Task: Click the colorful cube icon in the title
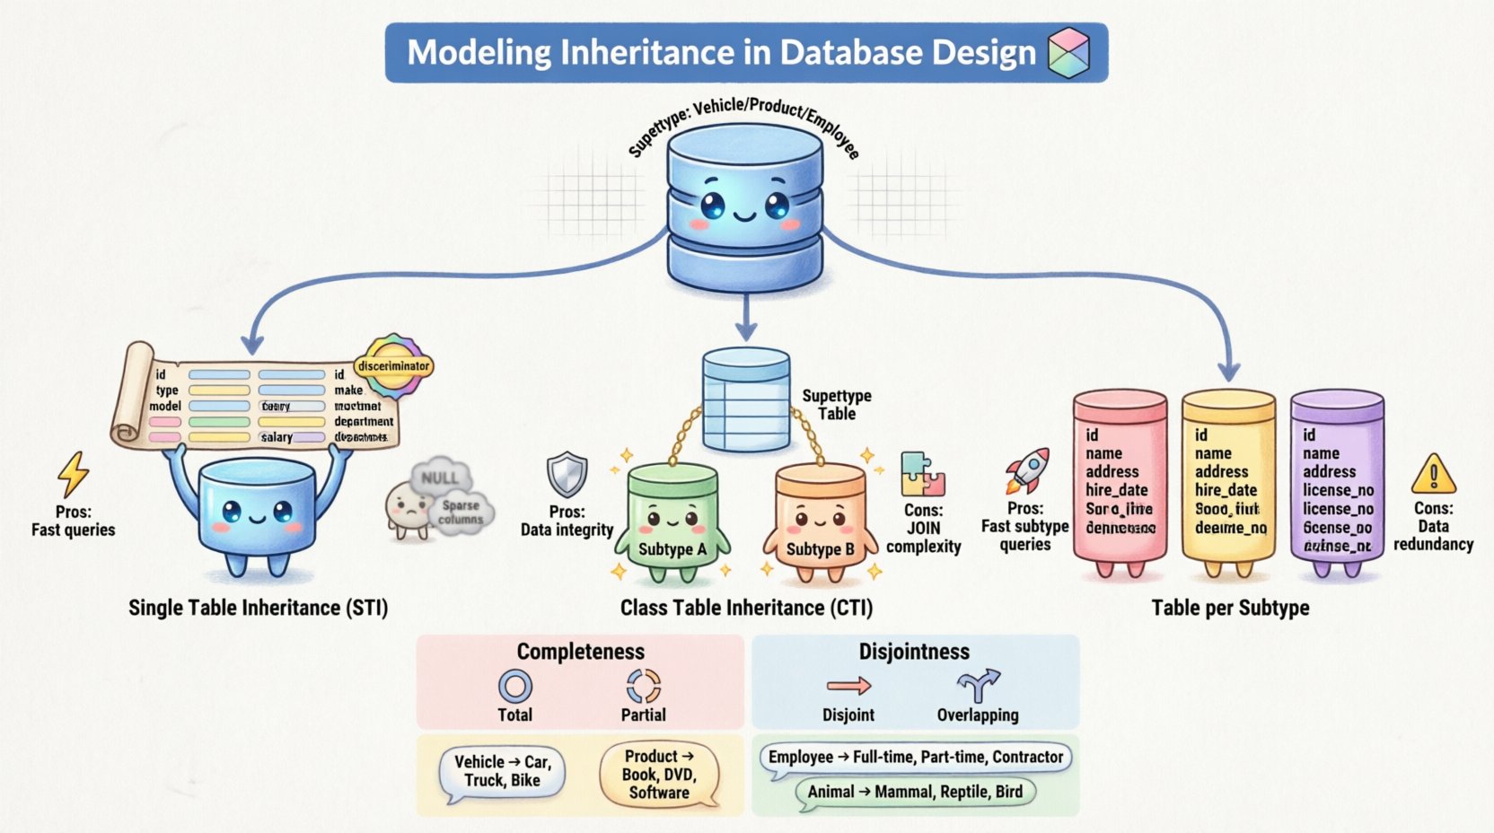point(1068,52)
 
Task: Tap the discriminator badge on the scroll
point(393,366)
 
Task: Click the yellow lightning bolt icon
point(73,474)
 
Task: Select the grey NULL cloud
point(440,478)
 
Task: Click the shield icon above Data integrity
point(567,475)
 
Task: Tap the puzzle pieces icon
point(923,474)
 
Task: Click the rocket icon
point(1028,470)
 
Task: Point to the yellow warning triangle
point(1433,474)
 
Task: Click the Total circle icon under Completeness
point(515,687)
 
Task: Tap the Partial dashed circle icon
point(644,687)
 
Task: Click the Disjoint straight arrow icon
point(848,687)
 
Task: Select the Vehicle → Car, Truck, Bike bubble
point(502,772)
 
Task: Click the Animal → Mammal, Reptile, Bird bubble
point(915,792)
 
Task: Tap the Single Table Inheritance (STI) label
point(259,608)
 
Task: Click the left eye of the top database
point(712,206)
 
